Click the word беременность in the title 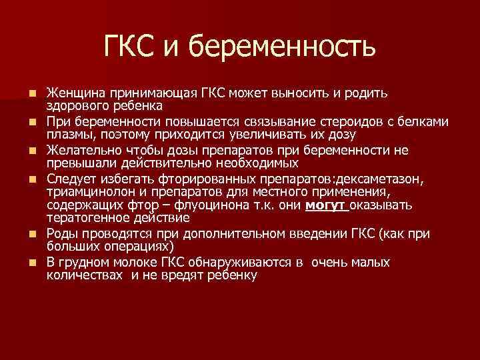click(283, 47)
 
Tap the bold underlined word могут click(327, 205)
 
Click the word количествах click(85, 274)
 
